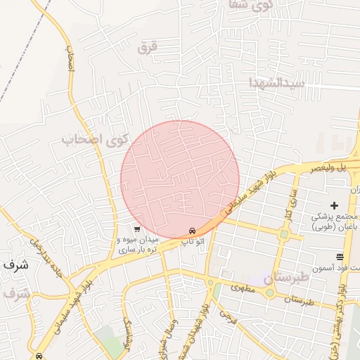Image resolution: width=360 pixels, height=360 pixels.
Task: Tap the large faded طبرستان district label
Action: [288, 278]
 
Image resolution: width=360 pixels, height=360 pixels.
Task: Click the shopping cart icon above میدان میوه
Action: [137, 229]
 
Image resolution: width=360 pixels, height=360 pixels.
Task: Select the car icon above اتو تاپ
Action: [193, 231]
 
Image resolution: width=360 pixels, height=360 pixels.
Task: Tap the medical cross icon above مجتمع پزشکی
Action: [334, 204]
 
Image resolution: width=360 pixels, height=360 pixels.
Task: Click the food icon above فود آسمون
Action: [340, 257]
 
